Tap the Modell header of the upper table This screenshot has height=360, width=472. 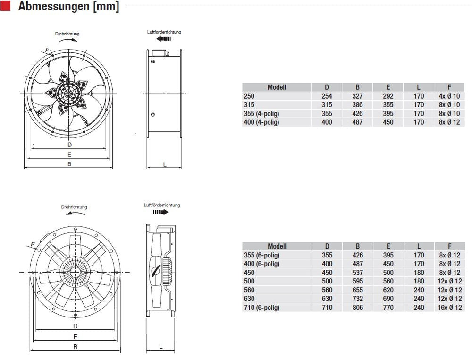pos(277,87)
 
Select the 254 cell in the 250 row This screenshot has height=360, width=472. pos(327,96)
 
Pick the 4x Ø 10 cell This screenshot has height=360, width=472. pos(449,96)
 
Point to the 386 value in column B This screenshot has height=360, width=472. pos(357,105)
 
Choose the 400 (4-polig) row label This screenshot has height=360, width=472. pos(261,122)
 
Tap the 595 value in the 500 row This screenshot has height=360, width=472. pos(357,281)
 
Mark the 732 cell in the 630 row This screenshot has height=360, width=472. pos(357,299)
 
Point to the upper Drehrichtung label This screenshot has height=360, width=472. pos(67,34)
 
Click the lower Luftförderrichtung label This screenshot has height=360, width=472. pos(162,206)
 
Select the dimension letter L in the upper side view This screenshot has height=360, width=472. pos(164,164)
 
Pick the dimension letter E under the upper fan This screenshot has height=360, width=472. pos(69,154)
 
